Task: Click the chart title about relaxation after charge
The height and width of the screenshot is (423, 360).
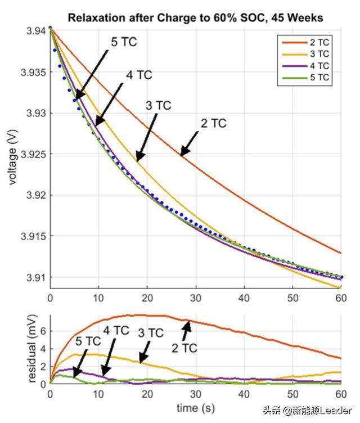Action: pyautogui.click(x=195, y=17)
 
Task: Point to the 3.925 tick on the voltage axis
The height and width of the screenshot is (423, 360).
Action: pyautogui.click(x=34, y=154)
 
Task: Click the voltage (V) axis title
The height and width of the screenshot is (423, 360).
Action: pyautogui.click(x=12, y=154)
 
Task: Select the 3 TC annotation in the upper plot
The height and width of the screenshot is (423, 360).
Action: pyautogui.click(x=158, y=105)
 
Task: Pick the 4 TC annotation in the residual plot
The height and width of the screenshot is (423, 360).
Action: pyautogui.click(x=116, y=331)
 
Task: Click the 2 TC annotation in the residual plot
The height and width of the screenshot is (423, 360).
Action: pyautogui.click(x=184, y=348)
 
